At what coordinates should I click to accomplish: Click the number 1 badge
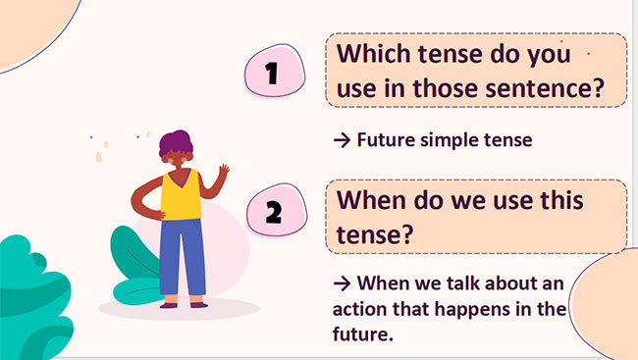[x=273, y=73]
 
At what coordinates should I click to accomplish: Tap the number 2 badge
[x=273, y=212]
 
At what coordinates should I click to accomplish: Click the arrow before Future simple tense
[x=343, y=140]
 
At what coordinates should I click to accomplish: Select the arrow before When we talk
[x=343, y=285]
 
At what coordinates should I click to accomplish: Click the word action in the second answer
[x=362, y=310]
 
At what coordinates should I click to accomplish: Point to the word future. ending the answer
[x=362, y=334]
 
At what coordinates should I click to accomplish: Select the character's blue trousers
[x=182, y=255]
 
